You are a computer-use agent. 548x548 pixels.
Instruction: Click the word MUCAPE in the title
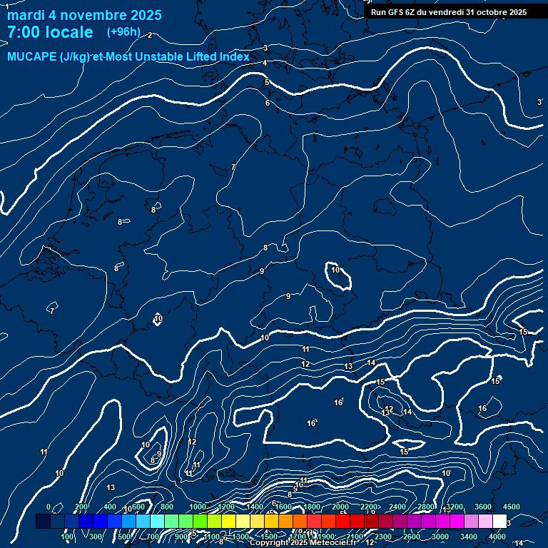click(32, 57)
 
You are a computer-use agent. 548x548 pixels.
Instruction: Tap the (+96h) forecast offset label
click(123, 32)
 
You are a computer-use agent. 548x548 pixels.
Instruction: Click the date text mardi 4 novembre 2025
click(84, 15)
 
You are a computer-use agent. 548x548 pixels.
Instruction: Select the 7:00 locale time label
click(50, 32)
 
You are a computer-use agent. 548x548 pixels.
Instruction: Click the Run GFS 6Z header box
click(449, 12)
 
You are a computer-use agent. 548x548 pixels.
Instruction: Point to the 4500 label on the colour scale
click(511, 507)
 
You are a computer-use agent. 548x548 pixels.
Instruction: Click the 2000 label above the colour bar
click(341, 507)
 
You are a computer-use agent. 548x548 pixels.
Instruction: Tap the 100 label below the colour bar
click(68, 537)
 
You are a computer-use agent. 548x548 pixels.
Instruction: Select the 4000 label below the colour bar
click(497, 537)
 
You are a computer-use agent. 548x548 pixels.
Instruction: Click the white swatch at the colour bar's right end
click(499, 522)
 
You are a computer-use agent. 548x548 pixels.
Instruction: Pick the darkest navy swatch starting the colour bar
click(43, 522)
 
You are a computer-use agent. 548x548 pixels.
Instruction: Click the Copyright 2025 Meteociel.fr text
click(303, 543)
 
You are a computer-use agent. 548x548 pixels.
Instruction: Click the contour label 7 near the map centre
click(233, 168)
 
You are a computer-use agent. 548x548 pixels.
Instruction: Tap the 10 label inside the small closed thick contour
click(335, 270)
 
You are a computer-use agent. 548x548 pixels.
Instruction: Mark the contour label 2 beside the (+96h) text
click(150, 35)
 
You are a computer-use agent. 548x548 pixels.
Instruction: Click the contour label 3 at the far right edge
click(539, 103)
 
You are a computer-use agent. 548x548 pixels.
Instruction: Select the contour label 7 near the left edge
click(52, 311)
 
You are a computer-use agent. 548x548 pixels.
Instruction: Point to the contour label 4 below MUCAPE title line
click(265, 63)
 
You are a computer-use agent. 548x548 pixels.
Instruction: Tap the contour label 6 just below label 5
click(268, 103)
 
